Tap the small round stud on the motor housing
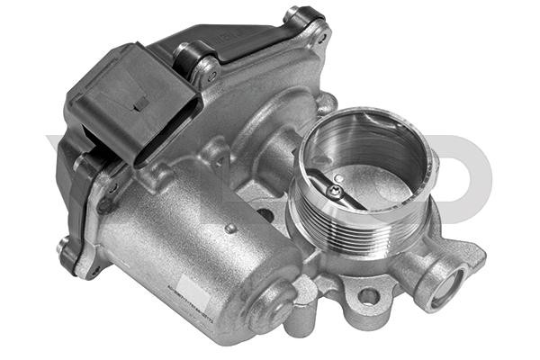[231, 229]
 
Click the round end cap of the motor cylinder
[271, 306]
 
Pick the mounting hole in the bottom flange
[367, 295]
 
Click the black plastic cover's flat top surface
[243, 45]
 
